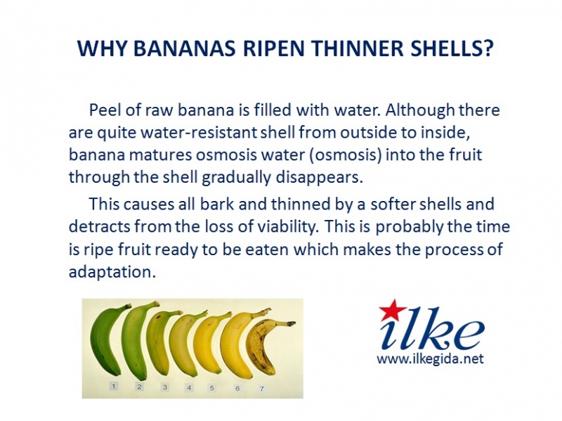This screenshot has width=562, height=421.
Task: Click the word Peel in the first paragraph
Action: (x=104, y=110)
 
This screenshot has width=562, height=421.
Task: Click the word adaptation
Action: (x=112, y=272)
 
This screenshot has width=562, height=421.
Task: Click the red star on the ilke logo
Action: (x=393, y=310)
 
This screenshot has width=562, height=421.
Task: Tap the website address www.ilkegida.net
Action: (x=430, y=358)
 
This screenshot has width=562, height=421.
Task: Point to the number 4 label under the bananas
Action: (x=189, y=388)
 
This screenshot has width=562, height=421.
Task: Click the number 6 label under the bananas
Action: (x=237, y=389)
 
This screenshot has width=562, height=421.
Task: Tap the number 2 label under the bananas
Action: (x=139, y=387)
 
